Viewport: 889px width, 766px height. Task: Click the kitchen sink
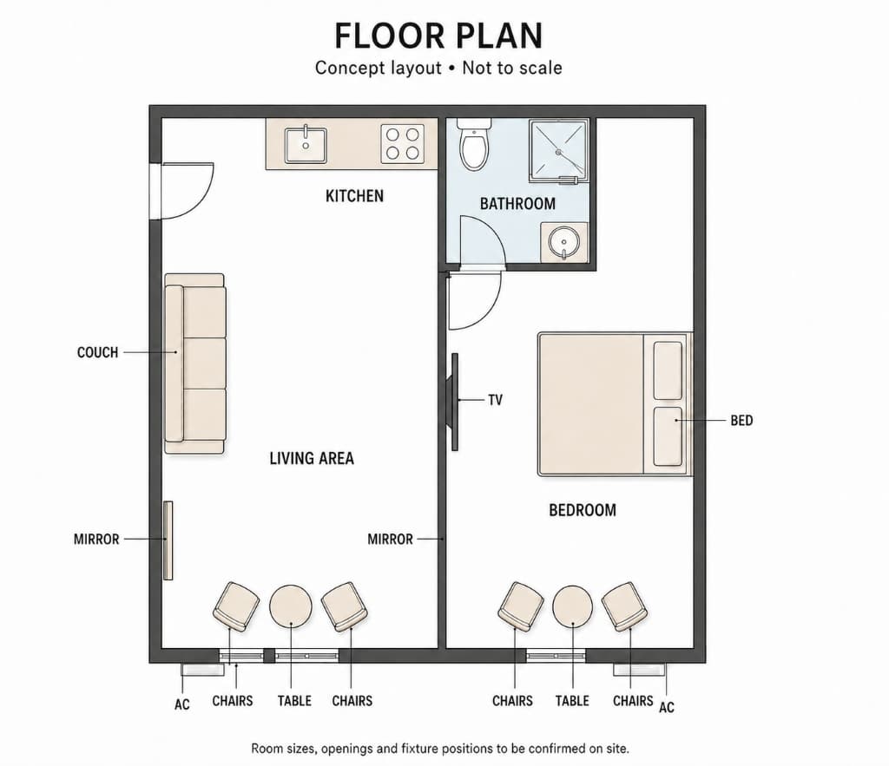pos(306,145)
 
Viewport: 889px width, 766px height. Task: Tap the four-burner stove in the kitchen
pos(403,144)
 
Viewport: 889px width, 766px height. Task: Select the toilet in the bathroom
pos(474,145)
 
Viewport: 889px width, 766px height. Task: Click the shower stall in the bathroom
pos(559,151)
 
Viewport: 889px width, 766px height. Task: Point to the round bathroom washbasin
pos(564,243)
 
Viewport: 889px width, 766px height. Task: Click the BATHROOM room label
pos(517,204)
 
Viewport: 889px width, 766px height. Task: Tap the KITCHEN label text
pos(354,196)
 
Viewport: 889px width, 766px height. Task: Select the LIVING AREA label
pos(312,458)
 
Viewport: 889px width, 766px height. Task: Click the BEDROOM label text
pos(583,510)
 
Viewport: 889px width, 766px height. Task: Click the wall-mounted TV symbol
pos(452,402)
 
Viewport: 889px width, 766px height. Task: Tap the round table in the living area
pos(290,606)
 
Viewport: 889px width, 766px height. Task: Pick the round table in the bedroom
pos(573,606)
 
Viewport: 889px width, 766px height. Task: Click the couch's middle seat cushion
pos(205,363)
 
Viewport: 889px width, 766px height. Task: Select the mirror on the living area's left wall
pos(168,540)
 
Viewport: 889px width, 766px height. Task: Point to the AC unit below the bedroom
pos(640,669)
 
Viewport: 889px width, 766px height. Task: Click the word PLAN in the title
pos(499,36)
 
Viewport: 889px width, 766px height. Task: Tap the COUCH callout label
pos(97,352)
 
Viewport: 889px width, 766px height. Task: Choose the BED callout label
pos(741,421)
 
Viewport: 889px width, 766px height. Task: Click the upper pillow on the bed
pos(668,370)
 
